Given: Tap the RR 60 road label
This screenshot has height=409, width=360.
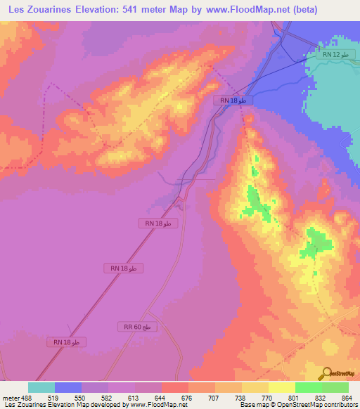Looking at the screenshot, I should tap(136, 327).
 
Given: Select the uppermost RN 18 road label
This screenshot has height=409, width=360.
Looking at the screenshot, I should tap(233, 101).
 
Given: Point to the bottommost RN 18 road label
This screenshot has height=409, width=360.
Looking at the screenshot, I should tap(70, 342).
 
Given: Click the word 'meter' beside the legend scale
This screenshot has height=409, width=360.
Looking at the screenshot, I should tap(10, 398).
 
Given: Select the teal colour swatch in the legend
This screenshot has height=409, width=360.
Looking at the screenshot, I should tap(41, 387).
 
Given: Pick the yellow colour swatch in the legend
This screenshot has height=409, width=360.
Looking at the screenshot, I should tap(282, 387).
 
